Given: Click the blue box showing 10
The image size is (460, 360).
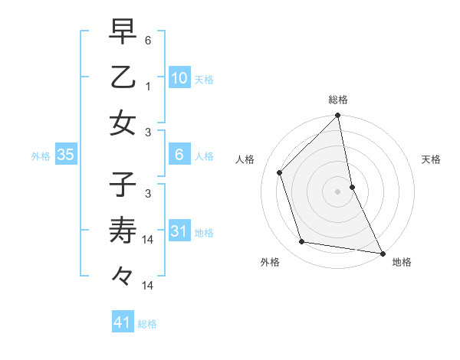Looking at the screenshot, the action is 179,77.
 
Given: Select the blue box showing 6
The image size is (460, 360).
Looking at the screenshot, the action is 179,155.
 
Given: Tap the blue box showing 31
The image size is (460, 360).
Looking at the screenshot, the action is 179,231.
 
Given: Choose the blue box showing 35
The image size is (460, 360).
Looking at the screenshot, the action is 66,155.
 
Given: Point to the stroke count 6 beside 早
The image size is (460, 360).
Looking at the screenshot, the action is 149,38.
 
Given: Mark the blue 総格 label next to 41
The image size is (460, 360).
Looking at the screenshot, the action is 147,324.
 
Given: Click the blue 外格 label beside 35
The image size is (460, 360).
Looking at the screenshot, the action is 41,156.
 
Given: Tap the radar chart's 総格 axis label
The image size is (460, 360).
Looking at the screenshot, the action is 338,100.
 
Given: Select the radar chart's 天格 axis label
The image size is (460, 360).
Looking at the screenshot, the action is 431,159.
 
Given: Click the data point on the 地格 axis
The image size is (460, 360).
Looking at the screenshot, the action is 381,253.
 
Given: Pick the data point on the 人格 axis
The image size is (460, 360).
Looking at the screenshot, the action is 280,172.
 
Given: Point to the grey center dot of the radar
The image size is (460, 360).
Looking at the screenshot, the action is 338,191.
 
